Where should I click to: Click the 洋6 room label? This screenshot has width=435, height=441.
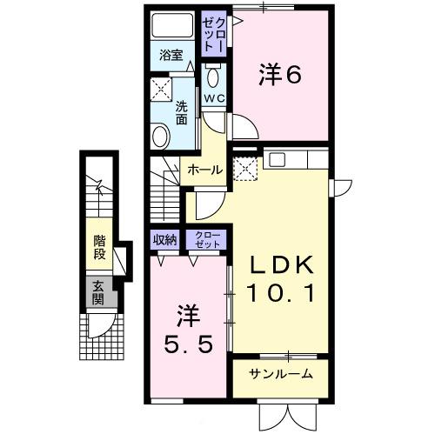(x=280, y=77)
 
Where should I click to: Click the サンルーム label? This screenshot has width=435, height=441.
(x=280, y=375)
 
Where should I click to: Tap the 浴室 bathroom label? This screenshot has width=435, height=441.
(x=171, y=55)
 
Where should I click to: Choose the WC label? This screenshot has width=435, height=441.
(x=214, y=97)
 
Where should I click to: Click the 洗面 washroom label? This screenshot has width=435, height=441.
(x=181, y=113)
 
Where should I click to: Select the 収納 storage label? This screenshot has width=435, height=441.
(x=165, y=239)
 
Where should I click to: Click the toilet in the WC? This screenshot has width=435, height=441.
(x=214, y=75)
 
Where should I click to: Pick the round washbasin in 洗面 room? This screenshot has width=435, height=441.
(x=160, y=136)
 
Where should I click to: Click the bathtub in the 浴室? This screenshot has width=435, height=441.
(x=171, y=25)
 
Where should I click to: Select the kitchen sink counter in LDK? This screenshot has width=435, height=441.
(x=297, y=159)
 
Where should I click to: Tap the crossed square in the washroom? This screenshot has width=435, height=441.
(x=161, y=88)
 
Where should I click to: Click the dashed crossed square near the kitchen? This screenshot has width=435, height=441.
(x=245, y=169)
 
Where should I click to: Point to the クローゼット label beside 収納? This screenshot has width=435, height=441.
(x=206, y=239)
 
